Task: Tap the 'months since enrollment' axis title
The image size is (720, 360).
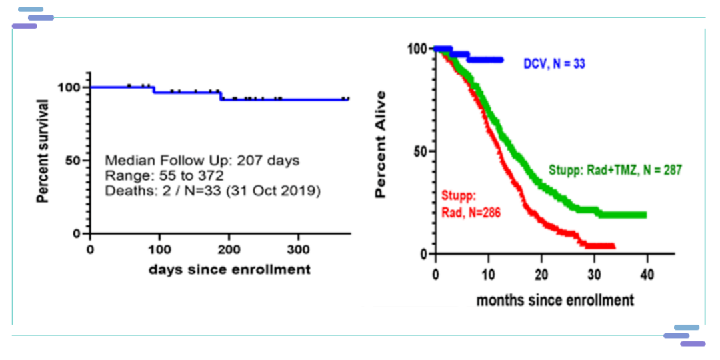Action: pyautogui.click(x=555, y=301)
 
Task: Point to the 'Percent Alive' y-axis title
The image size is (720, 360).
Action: pyautogui.click(x=381, y=145)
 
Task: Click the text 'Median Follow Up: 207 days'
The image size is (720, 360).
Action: pyautogui.click(x=202, y=161)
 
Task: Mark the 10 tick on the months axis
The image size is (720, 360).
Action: pyautogui.click(x=489, y=275)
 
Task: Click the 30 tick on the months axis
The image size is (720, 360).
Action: pyautogui.click(x=595, y=275)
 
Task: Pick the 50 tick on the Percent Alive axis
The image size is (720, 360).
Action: pyautogui.click(x=420, y=151)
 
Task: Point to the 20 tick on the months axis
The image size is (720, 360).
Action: pyautogui.click(x=541, y=275)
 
